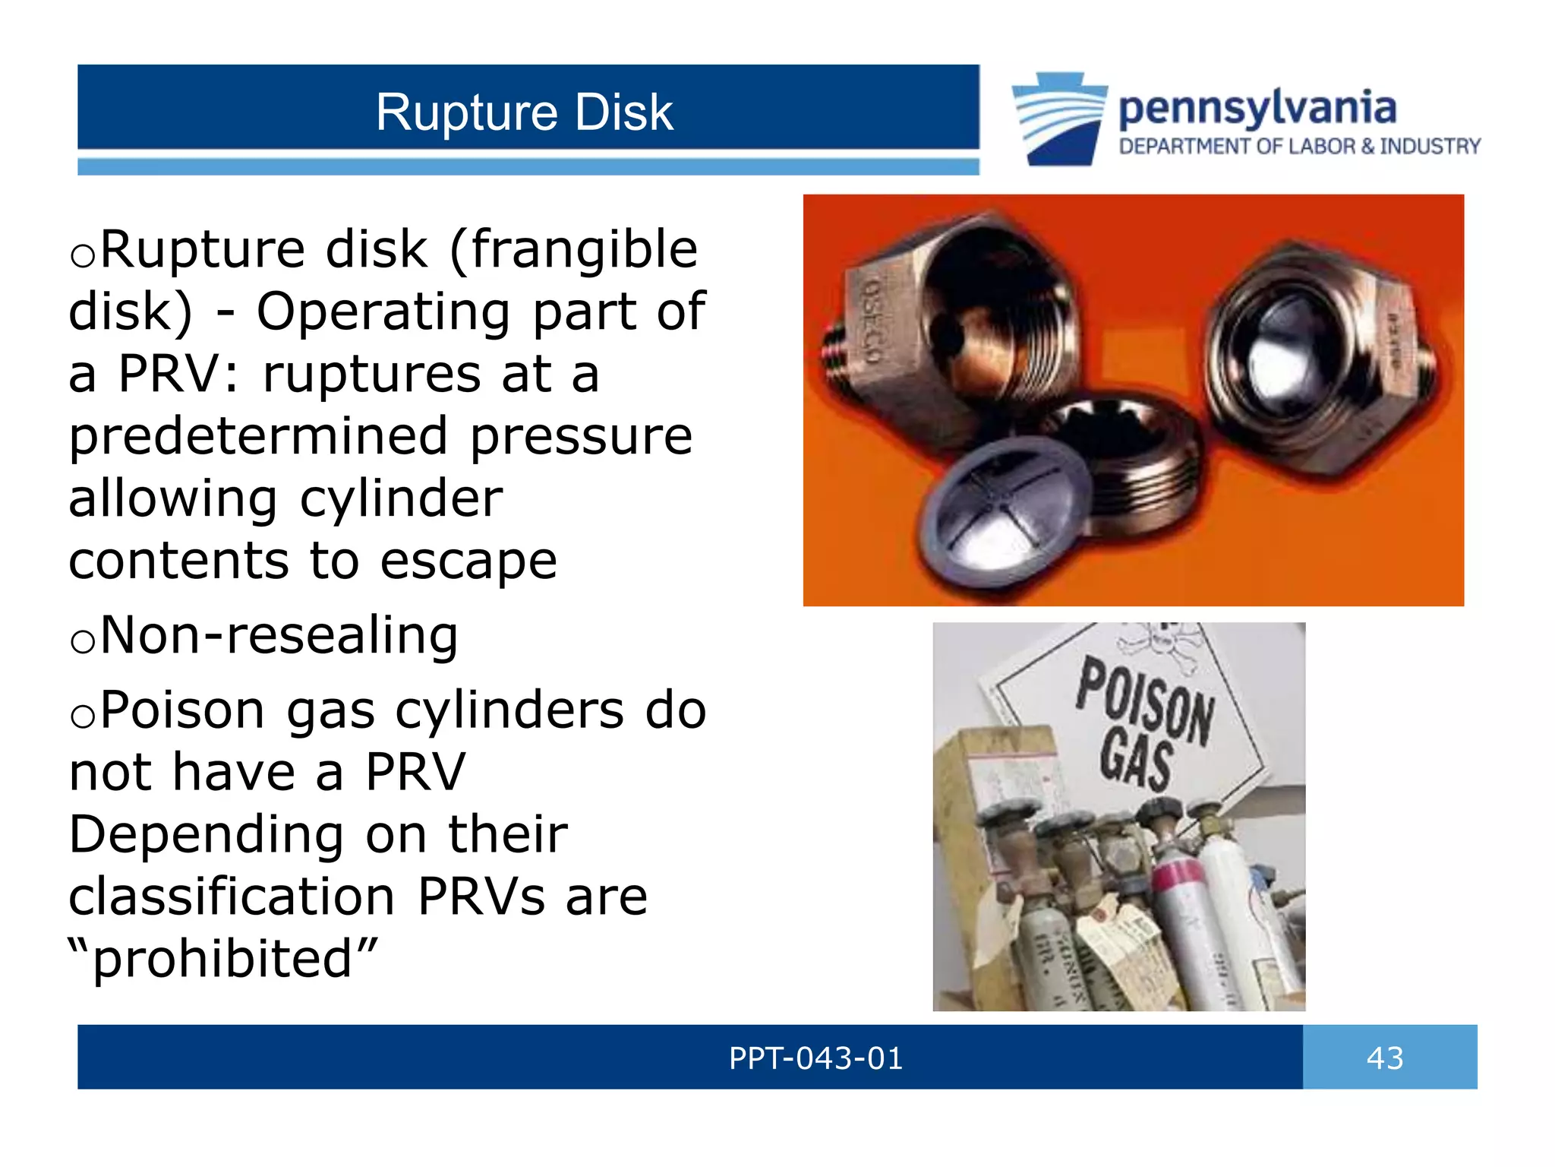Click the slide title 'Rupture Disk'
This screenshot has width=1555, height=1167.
(x=524, y=112)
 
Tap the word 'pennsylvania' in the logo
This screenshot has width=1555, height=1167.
(x=1257, y=109)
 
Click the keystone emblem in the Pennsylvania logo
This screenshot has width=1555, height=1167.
(x=1059, y=118)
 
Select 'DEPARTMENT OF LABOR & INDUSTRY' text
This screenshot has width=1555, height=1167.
(x=1299, y=146)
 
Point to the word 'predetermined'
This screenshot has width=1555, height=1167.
(x=258, y=436)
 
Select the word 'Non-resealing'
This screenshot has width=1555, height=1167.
(x=279, y=635)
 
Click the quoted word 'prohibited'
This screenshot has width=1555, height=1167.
(x=222, y=959)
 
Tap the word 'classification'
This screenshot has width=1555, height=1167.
(x=232, y=897)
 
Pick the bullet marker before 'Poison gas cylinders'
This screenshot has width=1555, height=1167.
(x=82, y=715)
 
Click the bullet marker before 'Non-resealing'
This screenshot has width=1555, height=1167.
(x=82, y=640)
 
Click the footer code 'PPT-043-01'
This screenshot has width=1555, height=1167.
(x=815, y=1058)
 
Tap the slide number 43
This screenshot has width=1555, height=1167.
(x=1385, y=1058)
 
